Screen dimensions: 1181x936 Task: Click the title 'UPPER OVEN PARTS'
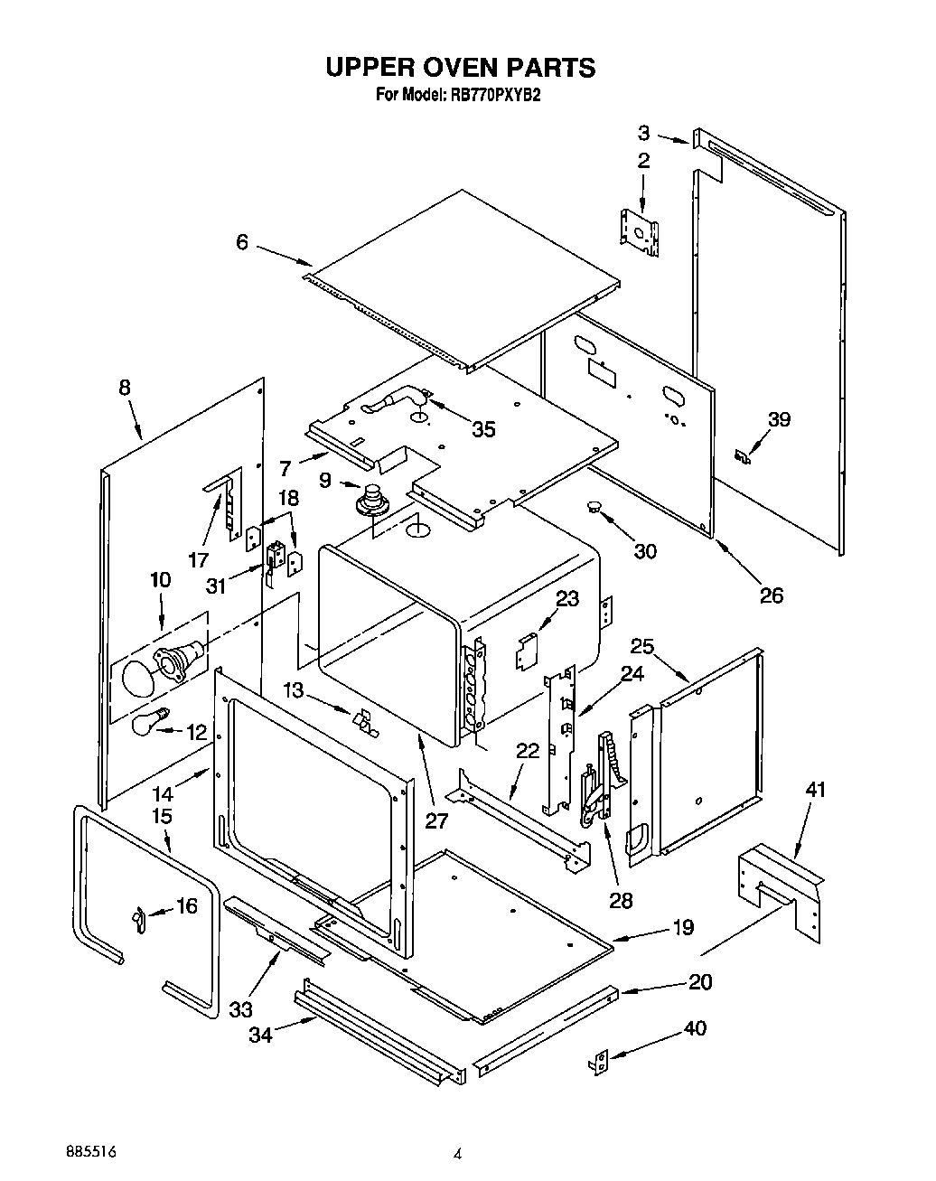click(460, 68)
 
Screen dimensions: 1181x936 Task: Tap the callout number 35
click(483, 429)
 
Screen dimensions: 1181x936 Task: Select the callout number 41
click(816, 791)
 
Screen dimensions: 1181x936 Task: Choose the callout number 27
click(436, 820)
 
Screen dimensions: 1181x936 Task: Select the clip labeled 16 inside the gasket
click(137, 919)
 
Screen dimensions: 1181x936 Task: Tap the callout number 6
click(241, 241)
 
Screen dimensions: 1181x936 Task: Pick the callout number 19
click(683, 927)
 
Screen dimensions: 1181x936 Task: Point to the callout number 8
click(124, 388)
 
